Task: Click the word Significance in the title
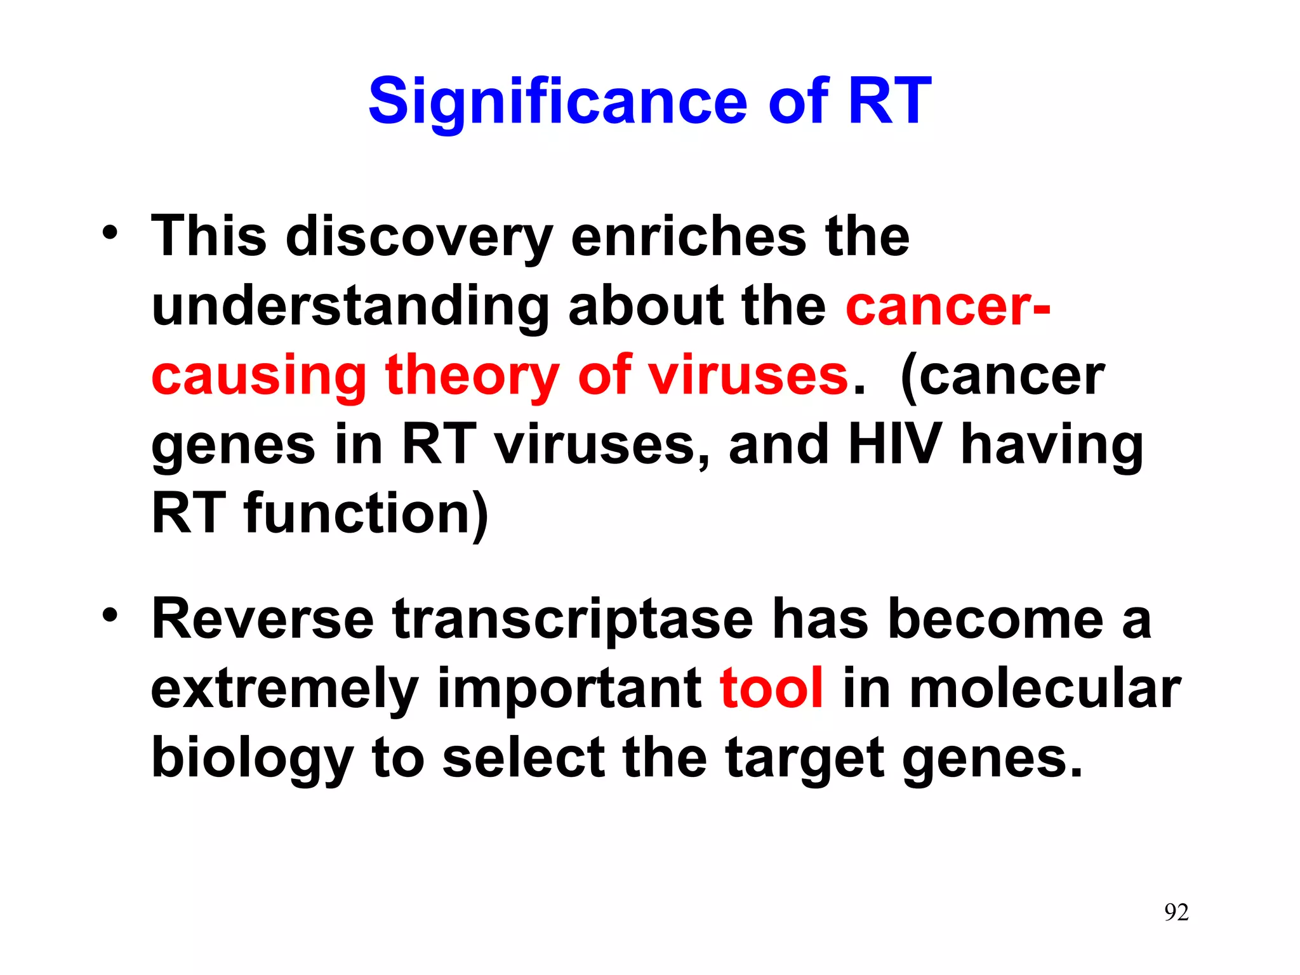pos(559,102)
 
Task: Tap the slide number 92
pos(1176,912)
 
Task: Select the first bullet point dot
pos(110,233)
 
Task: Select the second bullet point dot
pos(110,616)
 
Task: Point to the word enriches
pos(688,236)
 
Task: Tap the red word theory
pos(472,376)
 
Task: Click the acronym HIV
pos(895,444)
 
